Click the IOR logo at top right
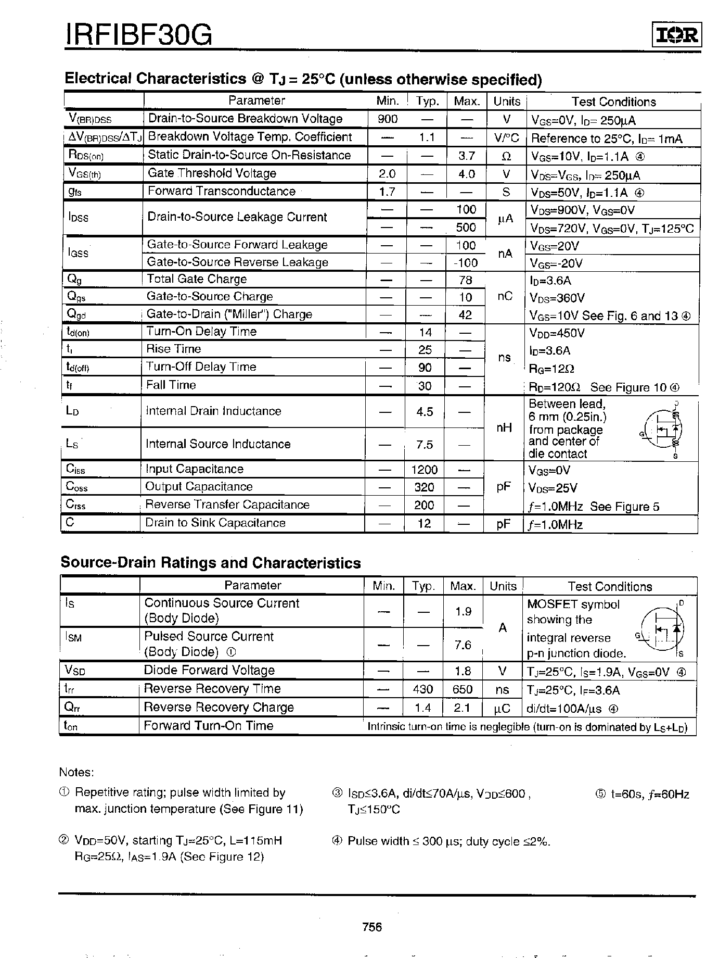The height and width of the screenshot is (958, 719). coord(676,35)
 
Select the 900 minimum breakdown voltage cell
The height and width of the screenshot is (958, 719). coord(388,119)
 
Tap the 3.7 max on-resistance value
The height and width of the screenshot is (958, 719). coord(467,156)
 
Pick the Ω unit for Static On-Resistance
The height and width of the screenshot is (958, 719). coord(506,156)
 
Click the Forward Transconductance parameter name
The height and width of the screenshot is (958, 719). coord(221,191)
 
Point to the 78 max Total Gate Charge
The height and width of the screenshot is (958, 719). coord(465,280)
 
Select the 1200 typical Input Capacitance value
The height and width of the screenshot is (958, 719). coord(424,470)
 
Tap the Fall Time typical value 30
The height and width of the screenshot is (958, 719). coord(425,386)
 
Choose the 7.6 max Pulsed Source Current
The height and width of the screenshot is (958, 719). coord(463,645)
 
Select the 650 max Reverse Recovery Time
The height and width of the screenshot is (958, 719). coord(463,689)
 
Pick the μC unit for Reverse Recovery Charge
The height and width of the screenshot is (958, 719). coord(502,708)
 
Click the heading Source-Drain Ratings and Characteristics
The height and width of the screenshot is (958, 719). coord(211,563)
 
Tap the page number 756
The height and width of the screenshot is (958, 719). coord(372,927)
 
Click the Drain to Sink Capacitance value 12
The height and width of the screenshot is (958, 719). coord(424,523)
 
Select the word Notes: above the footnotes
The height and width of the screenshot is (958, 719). coord(76,772)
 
